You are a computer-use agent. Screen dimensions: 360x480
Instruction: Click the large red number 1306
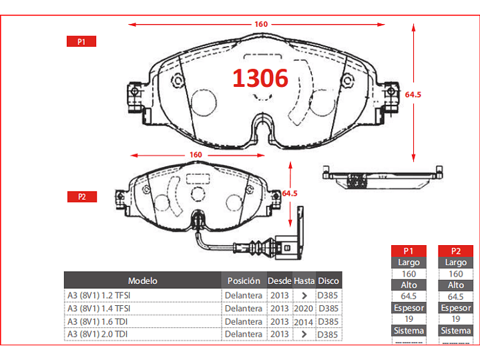point(260,78)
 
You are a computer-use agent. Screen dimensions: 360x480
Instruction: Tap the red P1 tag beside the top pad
point(81,41)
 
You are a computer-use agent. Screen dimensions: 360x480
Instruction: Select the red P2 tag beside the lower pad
point(81,197)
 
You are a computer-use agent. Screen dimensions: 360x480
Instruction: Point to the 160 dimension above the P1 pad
point(261,24)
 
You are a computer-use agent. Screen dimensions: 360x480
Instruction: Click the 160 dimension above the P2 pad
point(196,155)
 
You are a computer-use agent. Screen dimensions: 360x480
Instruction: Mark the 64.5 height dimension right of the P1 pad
point(413,94)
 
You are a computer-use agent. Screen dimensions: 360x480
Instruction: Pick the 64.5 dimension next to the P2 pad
point(289,193)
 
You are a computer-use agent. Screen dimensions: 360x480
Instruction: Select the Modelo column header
point(142,281)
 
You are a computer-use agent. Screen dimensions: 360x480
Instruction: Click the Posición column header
point(243,281)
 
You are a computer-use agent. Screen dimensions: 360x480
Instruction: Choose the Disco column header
point(328,281)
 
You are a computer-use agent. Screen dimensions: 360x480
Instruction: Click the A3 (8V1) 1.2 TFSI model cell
point(99,295)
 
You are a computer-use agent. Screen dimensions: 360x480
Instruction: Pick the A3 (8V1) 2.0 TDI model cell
point(97,334)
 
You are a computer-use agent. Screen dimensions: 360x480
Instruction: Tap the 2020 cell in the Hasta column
point(304,309)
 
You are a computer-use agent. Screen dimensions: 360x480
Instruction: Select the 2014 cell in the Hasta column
point(304,321)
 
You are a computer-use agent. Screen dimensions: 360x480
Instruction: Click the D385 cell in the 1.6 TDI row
point(328,321)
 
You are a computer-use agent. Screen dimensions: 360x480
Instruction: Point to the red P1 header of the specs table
point(409,251)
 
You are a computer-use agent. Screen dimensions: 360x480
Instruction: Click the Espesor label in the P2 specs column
point(456,308)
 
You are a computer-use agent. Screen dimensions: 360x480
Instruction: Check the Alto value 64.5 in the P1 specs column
point(409,297)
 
